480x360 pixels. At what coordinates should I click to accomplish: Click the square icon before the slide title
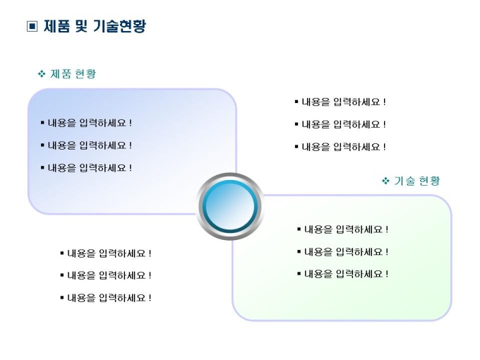click(32, 27)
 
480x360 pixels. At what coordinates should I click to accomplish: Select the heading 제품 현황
click(73, 73)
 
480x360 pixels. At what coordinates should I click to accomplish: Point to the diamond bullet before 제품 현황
click(42, 73)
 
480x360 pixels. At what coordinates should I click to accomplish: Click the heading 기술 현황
click(417, 181)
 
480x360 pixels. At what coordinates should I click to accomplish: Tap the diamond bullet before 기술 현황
click(385, 181)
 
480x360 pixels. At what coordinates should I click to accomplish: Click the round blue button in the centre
click(229, 206)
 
